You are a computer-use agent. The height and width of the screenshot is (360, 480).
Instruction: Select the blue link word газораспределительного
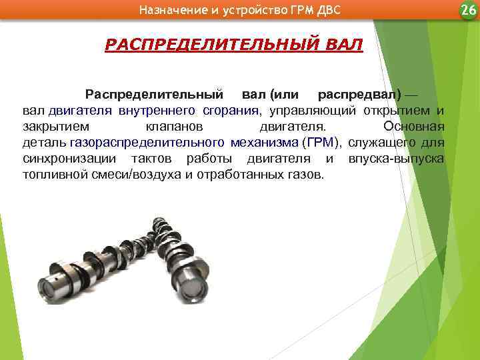146,142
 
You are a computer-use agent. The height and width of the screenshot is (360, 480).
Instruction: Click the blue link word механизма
264,142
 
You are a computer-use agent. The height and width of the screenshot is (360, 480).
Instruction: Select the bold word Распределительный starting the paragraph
153,93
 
